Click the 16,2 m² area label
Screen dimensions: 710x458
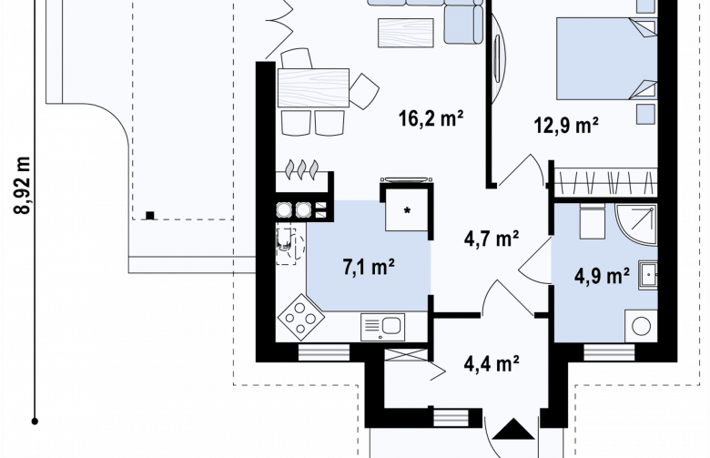pos(431,118)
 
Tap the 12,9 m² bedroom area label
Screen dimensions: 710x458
pos(566,125)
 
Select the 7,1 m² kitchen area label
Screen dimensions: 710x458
pos(368,267)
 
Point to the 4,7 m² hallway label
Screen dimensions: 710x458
pos(492,239)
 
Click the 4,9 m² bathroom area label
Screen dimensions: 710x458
pos(602,275)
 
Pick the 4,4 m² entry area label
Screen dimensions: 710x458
pos(492,363)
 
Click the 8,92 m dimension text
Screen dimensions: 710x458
pos(23,185)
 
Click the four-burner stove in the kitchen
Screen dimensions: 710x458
pos(300,317)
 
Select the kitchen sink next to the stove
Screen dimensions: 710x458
pos(382,327)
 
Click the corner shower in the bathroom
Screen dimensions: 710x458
pos(635,225)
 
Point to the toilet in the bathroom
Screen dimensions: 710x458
pos(593,221)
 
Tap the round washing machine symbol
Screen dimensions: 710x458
pos(641,326)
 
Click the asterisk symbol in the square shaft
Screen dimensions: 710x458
pos(408,210)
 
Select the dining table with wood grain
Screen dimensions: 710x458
pos(313,88)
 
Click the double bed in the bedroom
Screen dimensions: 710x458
pos(606,58)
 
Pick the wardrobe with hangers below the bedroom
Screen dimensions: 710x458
pos(606,183)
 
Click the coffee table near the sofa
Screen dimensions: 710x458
pos(406,33)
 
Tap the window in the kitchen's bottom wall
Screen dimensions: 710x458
pos(323,353)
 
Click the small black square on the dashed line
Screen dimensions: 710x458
pos(150,216)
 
